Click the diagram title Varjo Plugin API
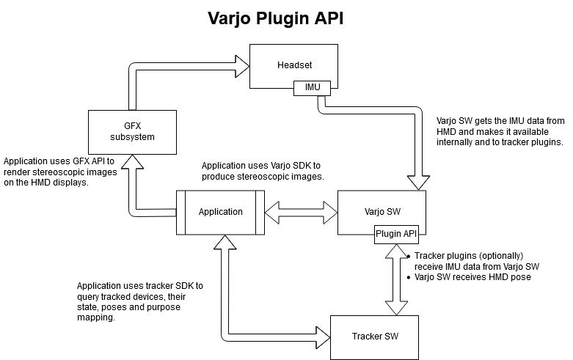tap(286, 18)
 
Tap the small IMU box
tap(307, 88)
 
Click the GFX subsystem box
tap(132, 131)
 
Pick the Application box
tap(220, 212)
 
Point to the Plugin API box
tap(396, 235)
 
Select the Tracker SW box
tap(374, 337)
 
